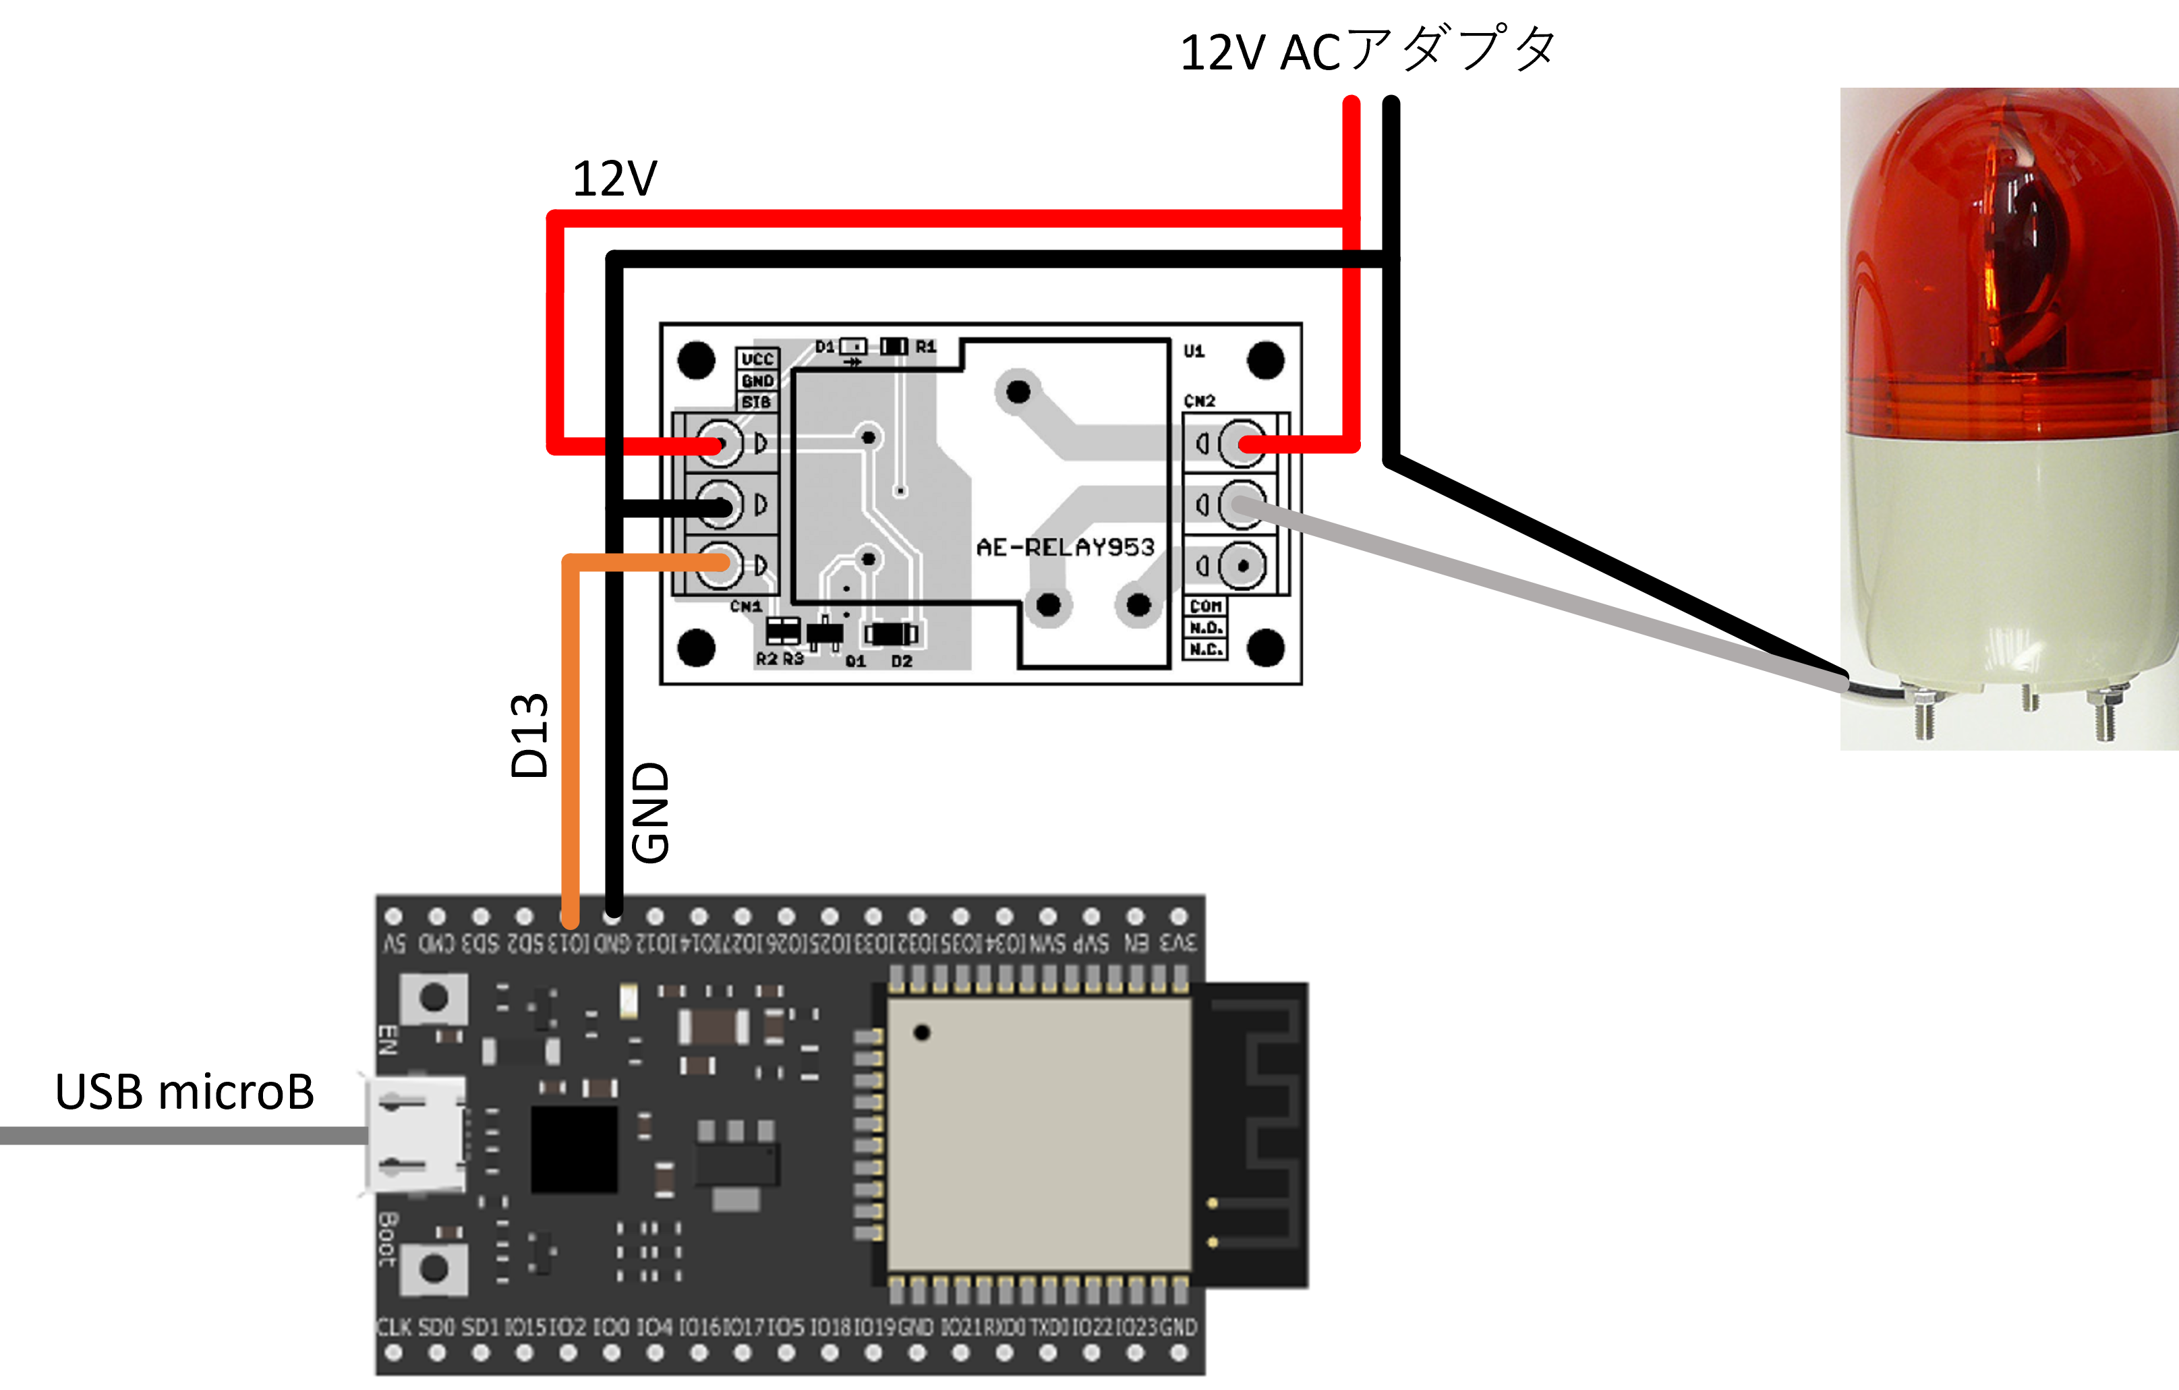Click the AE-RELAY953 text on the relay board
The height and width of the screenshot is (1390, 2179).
point(1065,548)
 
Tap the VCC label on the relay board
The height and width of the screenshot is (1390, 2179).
point(757,359)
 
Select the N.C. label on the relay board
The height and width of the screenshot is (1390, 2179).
point(1205,649)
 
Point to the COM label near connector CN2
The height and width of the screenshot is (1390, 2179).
point(1205,606)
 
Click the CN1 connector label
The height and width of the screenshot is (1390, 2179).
point(746,606)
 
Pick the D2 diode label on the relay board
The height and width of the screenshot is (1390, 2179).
point(901,662)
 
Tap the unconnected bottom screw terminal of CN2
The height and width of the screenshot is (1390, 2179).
point(1242,566)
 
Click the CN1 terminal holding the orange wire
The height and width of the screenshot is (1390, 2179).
point(720,564)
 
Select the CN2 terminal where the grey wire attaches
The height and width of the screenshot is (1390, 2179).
point(1242,504)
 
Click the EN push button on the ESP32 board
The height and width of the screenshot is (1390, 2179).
point(434,997)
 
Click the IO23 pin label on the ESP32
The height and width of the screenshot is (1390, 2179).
point(1136,1327)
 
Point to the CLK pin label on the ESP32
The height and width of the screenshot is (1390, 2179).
point(394,1327)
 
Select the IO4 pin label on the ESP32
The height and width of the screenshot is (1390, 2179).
point(654,1327)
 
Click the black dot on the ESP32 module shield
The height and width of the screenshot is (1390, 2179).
point(921,1033)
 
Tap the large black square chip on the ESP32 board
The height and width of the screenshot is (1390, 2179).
point(574,1149)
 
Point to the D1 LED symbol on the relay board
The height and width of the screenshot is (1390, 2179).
point(853,347)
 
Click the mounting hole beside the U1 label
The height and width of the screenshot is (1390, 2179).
point(1265,360)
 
